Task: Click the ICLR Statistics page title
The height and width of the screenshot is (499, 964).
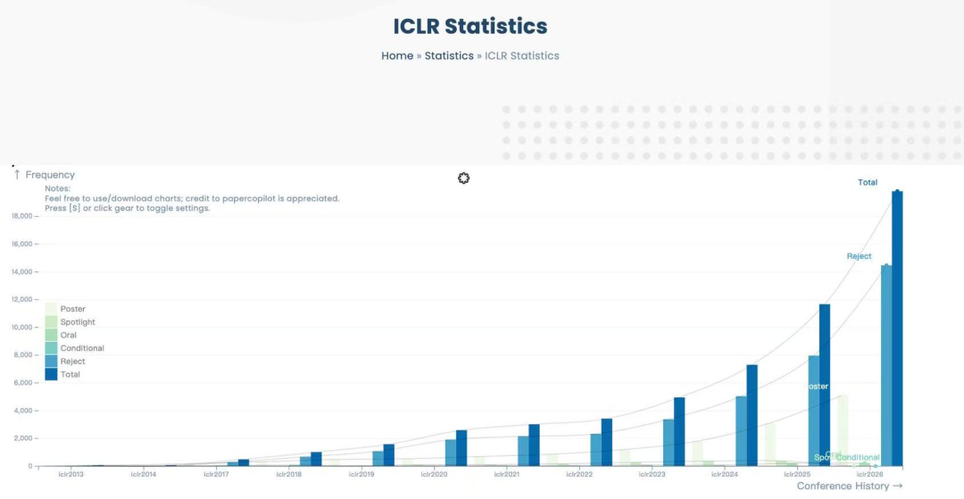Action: [470, 26]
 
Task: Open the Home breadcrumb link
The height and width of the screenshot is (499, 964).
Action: [397, 55]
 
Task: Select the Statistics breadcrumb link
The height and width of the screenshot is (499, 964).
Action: [449, 55]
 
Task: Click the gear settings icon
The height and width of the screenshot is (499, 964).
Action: [463, 179]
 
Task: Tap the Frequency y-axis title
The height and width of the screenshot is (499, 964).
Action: [50, 175]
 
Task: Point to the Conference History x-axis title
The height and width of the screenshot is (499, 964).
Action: [843, 486]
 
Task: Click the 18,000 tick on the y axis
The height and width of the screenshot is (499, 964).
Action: [22, 216]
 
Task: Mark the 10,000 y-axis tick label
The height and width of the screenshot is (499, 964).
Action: [22, 328]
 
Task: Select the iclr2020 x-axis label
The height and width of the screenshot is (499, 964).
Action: [433, 474]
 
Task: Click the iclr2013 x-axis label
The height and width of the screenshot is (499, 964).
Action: [70, 474]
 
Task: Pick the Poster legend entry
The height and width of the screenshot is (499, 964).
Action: [73, 309]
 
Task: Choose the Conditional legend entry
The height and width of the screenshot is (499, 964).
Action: [82, 348]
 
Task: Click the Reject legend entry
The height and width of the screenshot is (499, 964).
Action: [73, 362]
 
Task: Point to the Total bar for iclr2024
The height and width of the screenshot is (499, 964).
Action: [752, 415]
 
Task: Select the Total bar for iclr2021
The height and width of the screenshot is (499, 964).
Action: [534, 445]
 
